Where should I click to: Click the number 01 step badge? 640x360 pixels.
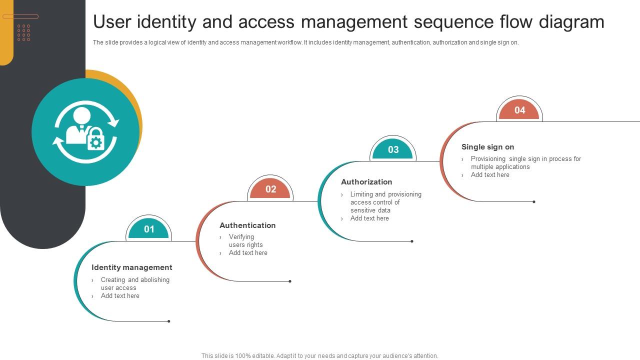tap(149, 229)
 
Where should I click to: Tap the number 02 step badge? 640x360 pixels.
tap(270, 189)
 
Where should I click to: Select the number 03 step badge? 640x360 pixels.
tap(393, 150)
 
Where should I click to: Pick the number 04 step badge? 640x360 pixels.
tap(519, 110)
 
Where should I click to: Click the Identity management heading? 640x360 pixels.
tap(131, 267)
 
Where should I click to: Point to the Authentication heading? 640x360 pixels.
tap(247, 225)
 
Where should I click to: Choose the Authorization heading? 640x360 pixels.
tap(366, 182)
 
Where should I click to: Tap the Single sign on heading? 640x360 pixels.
tap(487, 147)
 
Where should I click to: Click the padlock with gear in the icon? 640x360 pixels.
tap(95, 139)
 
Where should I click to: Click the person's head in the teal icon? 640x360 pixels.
tap(81, 115)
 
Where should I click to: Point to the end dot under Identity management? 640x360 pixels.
tap(169, 321)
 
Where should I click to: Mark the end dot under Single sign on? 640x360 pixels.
tap(534, 202)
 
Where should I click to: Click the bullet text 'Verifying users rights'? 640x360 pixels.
tap(245, 241)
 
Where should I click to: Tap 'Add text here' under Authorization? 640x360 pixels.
tap(369, 218)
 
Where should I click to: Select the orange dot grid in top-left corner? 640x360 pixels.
tap(24, 32)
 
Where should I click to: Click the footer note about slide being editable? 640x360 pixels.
tap(319, 356)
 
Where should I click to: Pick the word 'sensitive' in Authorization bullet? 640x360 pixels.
tap(363, 210)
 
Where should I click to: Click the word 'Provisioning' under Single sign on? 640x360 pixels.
tap(488, 159)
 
